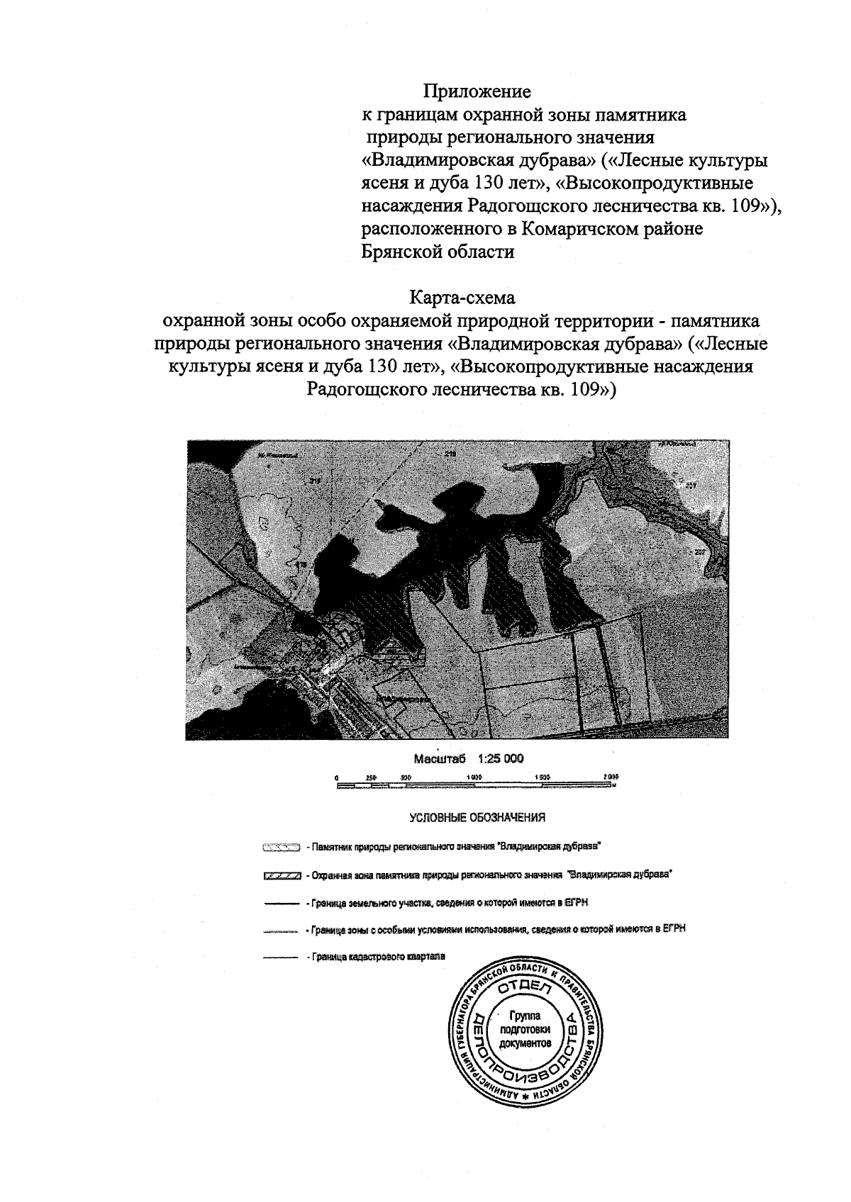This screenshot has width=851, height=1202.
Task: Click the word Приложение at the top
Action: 477,92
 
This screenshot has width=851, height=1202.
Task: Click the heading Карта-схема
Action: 462,297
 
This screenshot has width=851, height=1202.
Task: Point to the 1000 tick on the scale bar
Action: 475,777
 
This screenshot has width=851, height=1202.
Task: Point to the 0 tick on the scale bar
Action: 338,777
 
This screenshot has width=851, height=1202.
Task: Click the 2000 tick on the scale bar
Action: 611,777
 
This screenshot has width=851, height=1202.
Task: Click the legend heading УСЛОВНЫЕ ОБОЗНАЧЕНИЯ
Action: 477,818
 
